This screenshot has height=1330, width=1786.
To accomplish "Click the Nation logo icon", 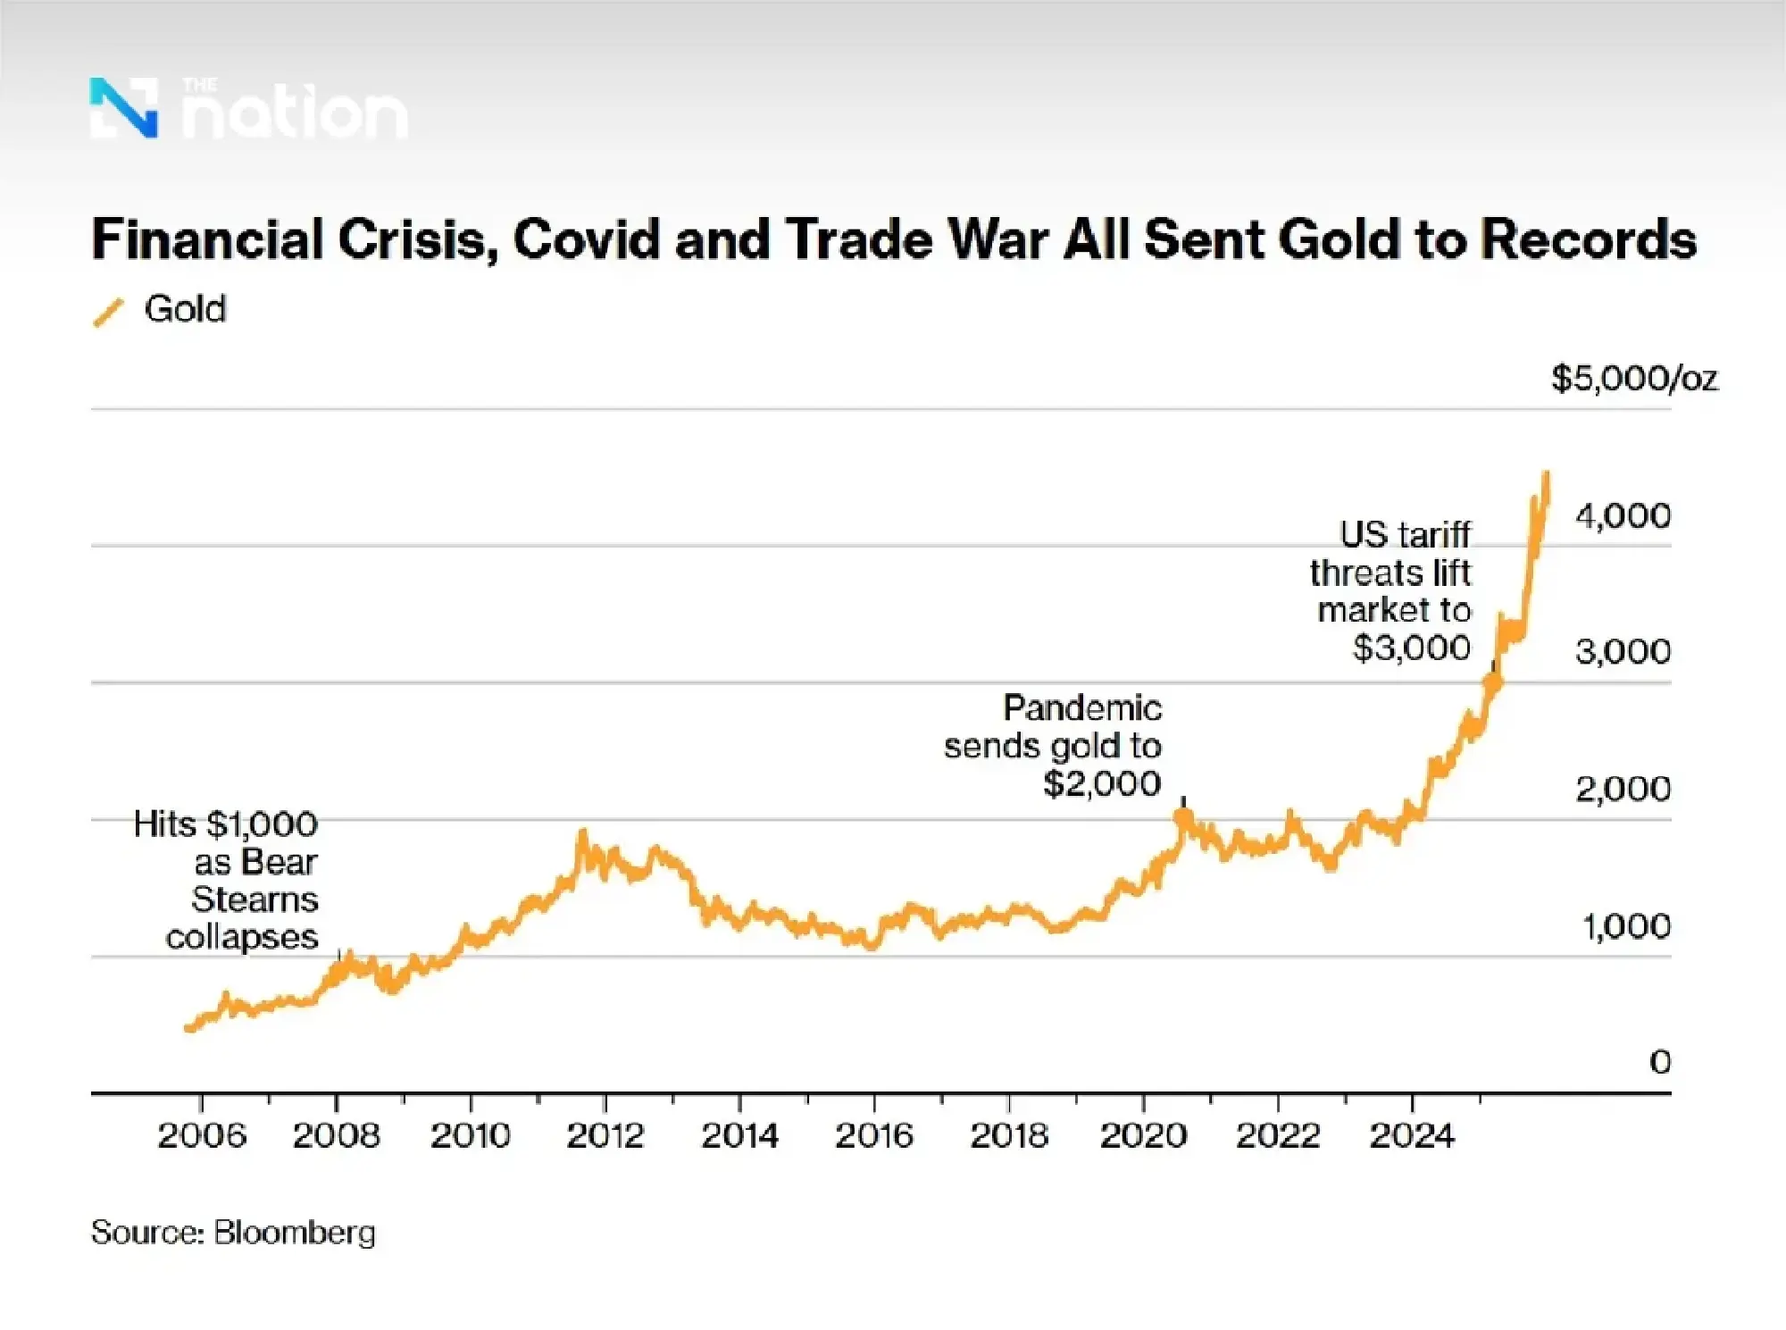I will (124, 108).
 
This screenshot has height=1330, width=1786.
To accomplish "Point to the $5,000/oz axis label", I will (1634, 379).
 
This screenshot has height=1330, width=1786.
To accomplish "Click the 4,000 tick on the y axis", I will (1623, 515).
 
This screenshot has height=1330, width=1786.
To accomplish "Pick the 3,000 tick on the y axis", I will (1623, 651).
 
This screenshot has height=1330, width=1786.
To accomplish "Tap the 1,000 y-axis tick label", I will (1626, 926).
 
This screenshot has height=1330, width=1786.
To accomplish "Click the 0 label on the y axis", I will (1659, 1061).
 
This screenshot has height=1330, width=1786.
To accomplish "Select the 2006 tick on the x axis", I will (202, 1135).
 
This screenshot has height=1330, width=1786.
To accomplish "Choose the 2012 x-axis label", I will (605, 1135).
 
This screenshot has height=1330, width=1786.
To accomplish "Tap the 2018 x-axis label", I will (1009, 1135).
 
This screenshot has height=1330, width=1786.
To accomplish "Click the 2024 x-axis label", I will (1412, 1135).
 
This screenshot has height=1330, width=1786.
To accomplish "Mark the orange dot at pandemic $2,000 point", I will (1183, 816).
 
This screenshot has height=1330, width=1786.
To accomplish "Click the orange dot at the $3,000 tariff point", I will (1492, 682).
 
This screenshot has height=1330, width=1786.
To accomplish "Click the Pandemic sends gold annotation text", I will (1054, 746).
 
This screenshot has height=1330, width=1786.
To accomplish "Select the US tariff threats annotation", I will (1391, 590).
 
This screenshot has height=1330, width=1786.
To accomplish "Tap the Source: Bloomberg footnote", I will (233, 1233).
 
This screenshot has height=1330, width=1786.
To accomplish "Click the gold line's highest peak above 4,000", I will (1546, 475).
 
